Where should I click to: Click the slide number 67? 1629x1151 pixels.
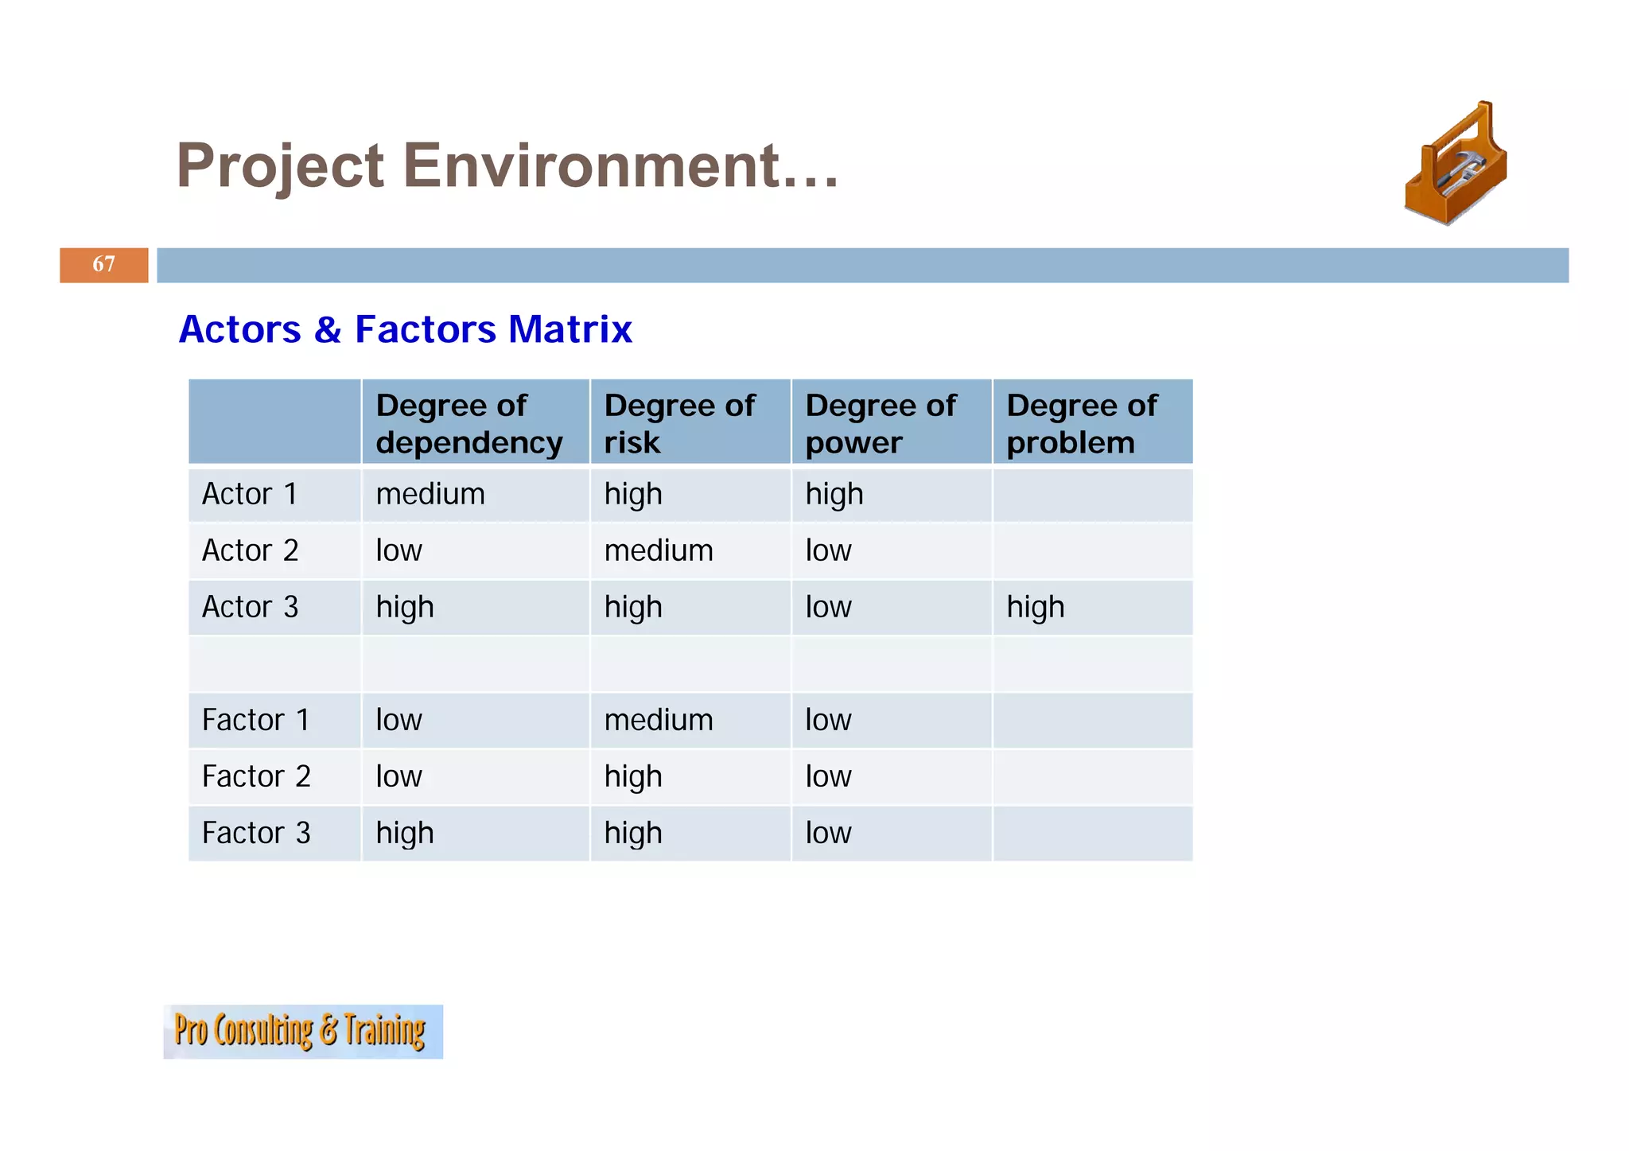click(x=103, y=264)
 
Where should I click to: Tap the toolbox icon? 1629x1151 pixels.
click(x=1456, y=164)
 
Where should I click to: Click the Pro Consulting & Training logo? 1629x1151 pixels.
click(x=302, y=1031)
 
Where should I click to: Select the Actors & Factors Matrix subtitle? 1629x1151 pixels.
click(x=405, y=329)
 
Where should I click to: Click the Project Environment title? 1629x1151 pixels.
click(x=507, y=165)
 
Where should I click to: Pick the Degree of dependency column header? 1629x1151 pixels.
click(x=469, y=423)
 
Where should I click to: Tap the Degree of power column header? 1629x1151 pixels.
click(x=881, y=423)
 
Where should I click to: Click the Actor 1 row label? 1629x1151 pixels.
click(x=250, y=494)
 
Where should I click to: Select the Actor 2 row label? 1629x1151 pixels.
click(x=250, y=550)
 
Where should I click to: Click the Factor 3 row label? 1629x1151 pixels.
click(x=255, y=833)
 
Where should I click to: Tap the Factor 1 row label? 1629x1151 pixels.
click(x=255, y=720)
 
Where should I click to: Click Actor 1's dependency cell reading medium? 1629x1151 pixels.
click(x=430, y=494)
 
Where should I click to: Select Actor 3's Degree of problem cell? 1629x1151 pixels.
click(x=1036, y=607)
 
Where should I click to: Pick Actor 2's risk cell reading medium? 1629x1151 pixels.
click(x=659, y=550)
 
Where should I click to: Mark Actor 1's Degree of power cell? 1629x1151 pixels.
click(x=834, y=494)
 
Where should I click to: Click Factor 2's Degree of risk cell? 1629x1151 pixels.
click(x=633, y=776)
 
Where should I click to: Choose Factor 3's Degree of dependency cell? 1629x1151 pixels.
click(x=405, y=833)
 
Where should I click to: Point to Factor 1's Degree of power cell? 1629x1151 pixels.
click(x=828, y=720)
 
